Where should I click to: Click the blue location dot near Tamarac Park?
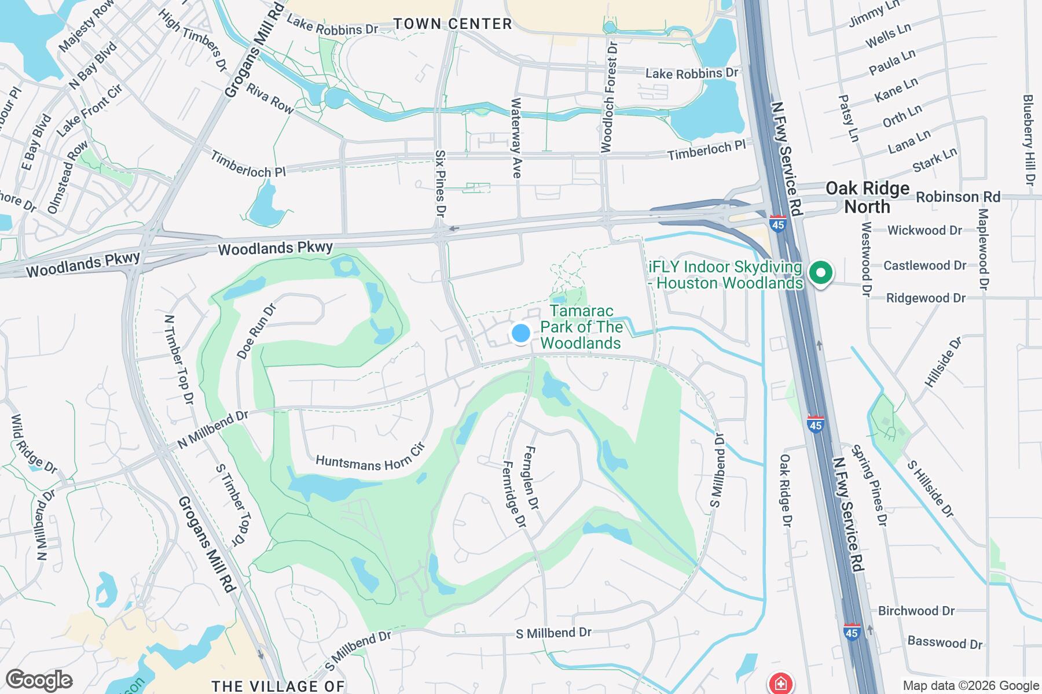(521, 333)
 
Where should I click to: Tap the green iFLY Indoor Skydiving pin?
(820, 272)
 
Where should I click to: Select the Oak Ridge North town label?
(867, 197)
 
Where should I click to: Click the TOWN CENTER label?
(453, 24)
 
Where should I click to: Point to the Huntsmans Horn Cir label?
(370, 457)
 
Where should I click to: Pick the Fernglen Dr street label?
(531, 478)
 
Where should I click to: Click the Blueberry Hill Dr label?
(1028, 141)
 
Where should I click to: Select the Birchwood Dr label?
(916, 611)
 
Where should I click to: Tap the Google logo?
(39, 680)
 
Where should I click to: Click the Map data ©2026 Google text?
(971, 686)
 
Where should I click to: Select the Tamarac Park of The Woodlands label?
(581, 327)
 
